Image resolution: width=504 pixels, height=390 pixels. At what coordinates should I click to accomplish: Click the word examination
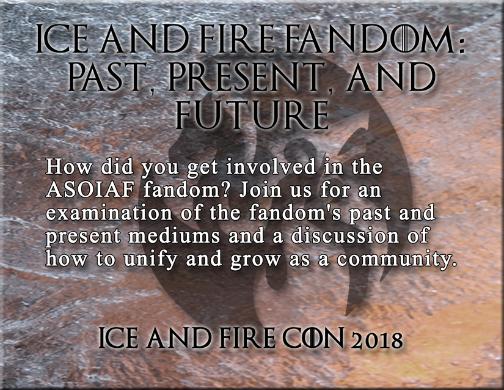[x=109, y=213]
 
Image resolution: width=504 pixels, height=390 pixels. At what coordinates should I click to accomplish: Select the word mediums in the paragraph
[x=174, y=236]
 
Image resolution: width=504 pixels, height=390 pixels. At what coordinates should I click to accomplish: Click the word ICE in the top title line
[x=62, y=40]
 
